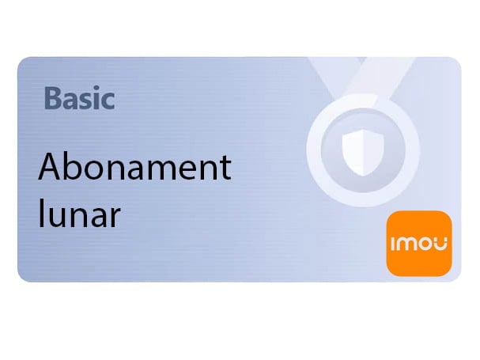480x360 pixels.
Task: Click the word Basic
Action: (x=80, y=100)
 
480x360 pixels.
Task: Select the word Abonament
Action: (x=134, y=169)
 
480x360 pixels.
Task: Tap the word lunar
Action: (x=79, y=215)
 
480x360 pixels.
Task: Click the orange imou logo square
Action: (x=418, y=243)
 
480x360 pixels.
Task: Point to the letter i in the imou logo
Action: (x=394, y=243)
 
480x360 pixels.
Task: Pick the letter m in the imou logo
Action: (x=407, y=244)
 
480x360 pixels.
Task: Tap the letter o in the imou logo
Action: (x=425, y=244)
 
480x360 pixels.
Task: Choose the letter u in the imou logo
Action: (x=441, y=244)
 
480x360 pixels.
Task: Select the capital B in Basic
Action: (x=53, y=100)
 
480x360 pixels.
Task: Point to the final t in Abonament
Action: (x=225, y=169)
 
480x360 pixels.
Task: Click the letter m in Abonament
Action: (x=157, y=172)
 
